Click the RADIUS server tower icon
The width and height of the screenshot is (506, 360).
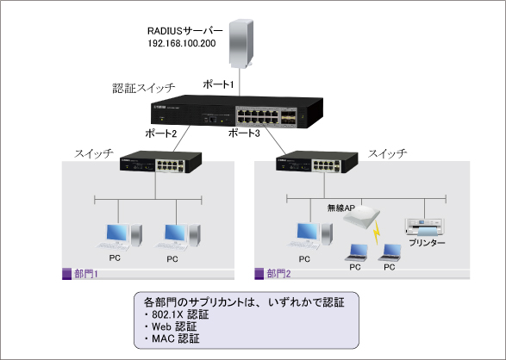pyautogui.click(x=244, y=42)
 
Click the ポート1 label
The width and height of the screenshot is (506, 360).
pyautogui.click(x=218, y=84)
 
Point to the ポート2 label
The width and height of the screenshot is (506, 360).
pyautogui.click(x=161, y=133)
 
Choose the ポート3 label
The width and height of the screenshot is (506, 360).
pyautogui.click(x=244, y=133)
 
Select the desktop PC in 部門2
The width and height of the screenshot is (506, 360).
pyautogui.click(x=304, y=234)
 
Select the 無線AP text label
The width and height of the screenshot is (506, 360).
pyautogui.click(x=341, y=208)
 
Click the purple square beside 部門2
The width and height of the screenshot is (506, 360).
pyautogui.click(x=260, y=273)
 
